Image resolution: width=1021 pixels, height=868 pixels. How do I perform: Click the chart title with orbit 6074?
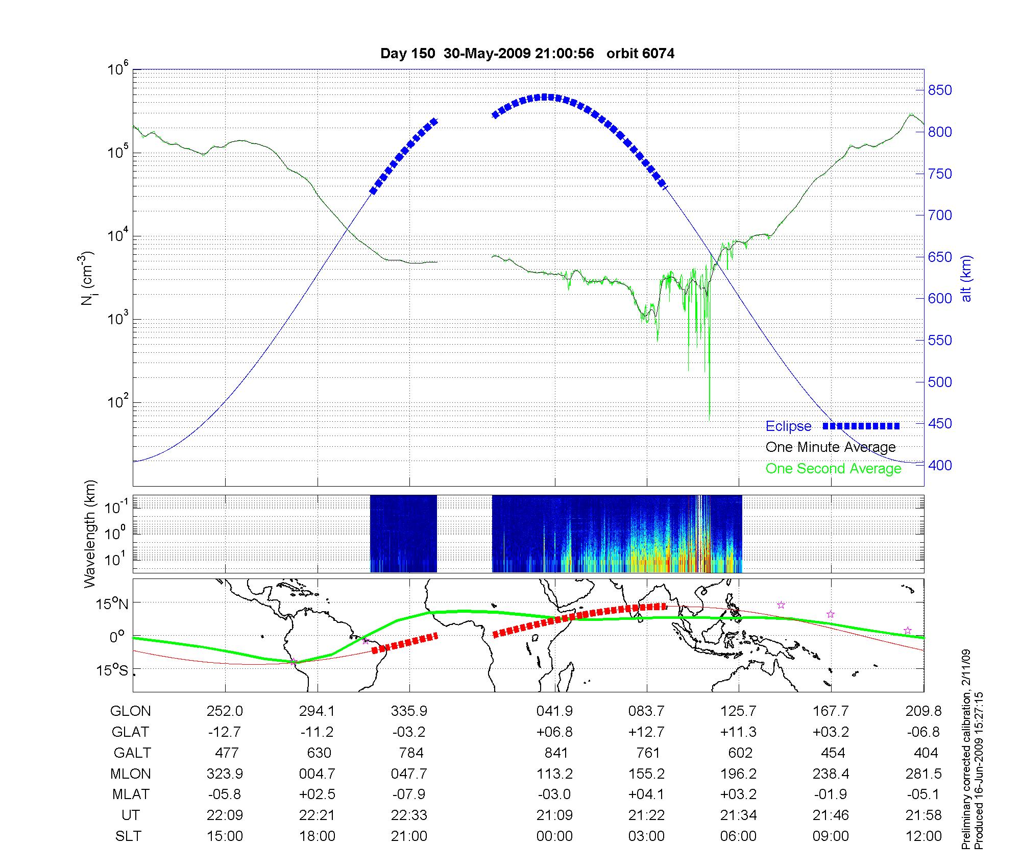(527, 54)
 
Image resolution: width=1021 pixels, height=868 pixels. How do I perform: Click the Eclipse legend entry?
(788, 426)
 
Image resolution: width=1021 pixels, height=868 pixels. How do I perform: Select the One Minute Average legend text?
(831, 447)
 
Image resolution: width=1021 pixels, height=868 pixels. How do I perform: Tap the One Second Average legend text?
(833, 469)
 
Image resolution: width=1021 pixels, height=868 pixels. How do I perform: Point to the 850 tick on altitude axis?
(940, 90)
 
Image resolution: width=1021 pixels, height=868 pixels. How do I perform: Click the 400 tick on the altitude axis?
(940, 466)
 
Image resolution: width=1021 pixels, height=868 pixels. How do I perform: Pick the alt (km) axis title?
(966, 278)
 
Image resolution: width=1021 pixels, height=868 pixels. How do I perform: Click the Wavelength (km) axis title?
(90, 534)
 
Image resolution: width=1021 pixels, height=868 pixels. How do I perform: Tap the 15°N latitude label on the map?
(113, 605)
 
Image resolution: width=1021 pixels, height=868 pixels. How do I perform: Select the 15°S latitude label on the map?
(113, 670)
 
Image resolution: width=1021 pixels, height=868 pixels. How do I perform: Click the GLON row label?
(130, 711)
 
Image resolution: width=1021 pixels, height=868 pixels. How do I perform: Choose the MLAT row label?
(131, 795)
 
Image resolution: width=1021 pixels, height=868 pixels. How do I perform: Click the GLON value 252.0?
(225, 711)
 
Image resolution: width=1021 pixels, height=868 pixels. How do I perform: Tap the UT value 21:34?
(738, 815)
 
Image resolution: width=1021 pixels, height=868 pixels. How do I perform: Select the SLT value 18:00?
(317, 836)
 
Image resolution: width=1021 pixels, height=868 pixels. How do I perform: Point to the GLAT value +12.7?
(646, 732)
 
